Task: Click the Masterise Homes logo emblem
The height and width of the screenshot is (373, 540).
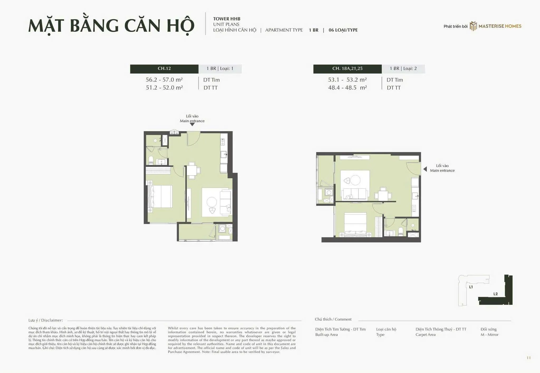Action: pyautogui.click(x=473, y=26)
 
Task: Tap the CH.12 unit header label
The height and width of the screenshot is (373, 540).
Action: pyautogui.click(x=164, y=69)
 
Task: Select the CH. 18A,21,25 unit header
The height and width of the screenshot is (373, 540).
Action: pyautogui.click(x=347, y=69)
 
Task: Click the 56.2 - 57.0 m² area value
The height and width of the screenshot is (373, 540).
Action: pyautogui.click(x=164, y=80)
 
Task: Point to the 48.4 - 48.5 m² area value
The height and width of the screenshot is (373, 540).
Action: pyautogui.click(x=348, y=88)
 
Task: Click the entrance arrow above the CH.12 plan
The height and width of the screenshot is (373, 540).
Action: pyautogui.click(x=192, y=124)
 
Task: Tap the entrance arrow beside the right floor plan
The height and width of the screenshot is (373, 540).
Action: pyautogui.click(x=425, y=169)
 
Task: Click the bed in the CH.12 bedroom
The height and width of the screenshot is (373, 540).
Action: pyautogui.click(x=160, y=196)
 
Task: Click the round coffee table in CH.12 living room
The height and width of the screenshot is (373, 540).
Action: pyautogui.click(x=212, y=202)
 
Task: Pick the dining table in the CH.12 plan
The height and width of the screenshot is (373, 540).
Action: pyautogui.click(x=192, y=170)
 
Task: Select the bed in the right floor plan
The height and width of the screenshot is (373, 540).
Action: pyautogui.click(x=355, y=225)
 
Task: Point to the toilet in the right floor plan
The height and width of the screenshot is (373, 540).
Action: pyautogui.click(x=401, y=232)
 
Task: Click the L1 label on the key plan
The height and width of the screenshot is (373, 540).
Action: pyautogui.click(x=471, y=287)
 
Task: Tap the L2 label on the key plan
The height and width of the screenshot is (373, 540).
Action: pyautogui.click(x=495, y=294)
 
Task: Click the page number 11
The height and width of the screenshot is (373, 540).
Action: pyautogui.click(x=528, y=358)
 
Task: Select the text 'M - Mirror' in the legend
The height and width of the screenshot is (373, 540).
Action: pyautogui.click(x=489, y=335)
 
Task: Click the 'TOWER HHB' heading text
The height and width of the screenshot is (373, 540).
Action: pyautogui.click(x=227, y=19)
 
